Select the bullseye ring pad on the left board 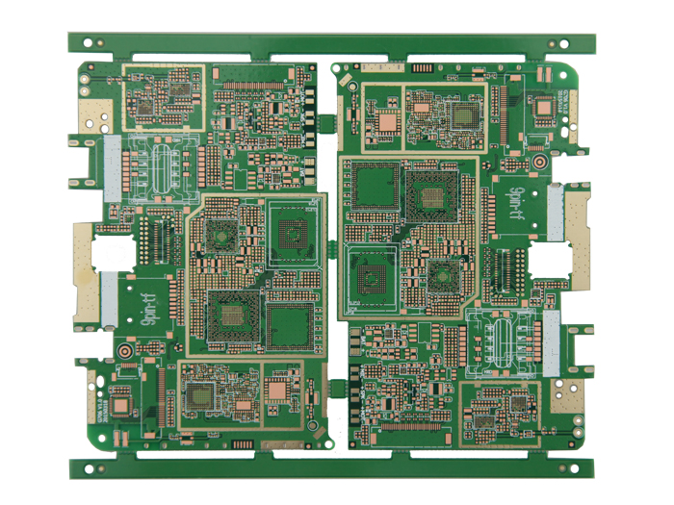pyautogui.click(x=126, y=355)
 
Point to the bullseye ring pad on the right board pyautogui.click(x=539, y=163)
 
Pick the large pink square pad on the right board pyautogui.click(x=388, y=121)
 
